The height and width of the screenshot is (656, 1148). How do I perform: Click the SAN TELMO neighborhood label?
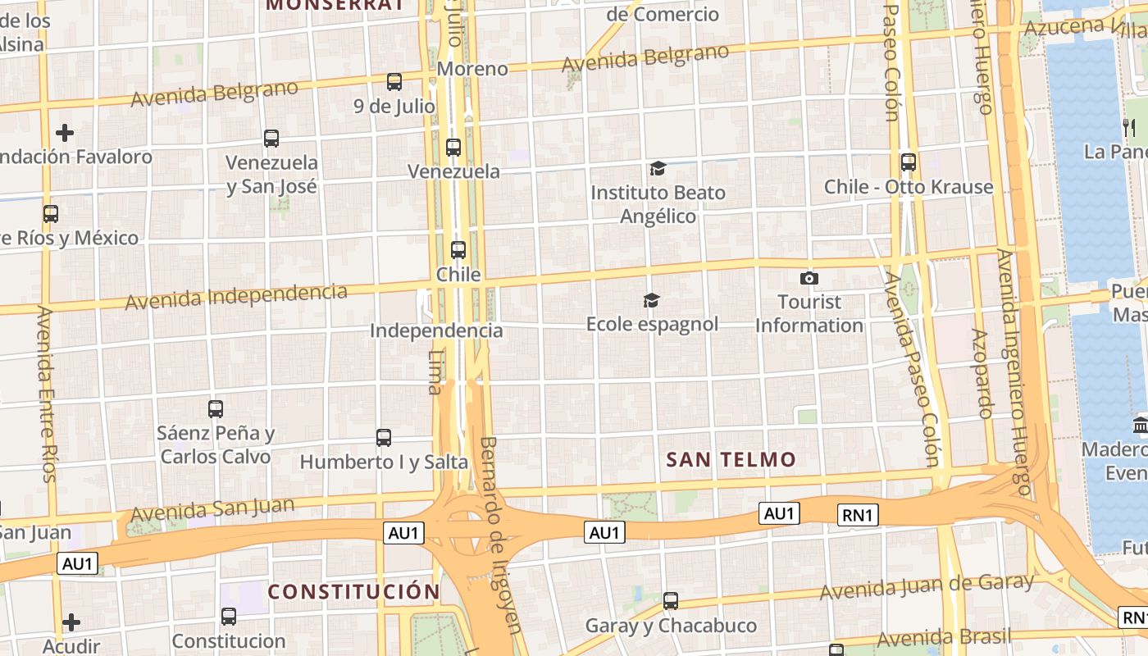click(x=731, y=460)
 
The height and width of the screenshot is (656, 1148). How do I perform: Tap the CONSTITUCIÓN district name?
click(x=353, y=591)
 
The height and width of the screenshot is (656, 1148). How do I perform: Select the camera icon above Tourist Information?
click(x=809, y=279)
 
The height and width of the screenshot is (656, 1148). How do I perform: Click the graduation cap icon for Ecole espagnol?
click(x=651, y=301)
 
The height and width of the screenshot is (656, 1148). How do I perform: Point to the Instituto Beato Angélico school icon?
click(x=658, y=169)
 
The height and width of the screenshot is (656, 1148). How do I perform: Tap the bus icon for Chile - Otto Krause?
click(x=908, y=162)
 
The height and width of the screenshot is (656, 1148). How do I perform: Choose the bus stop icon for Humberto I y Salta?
click(x=384, y=438)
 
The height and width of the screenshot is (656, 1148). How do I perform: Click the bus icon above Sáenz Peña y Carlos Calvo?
click(x=216, y=408)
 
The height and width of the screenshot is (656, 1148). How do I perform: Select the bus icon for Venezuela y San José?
click(x=271, y=139)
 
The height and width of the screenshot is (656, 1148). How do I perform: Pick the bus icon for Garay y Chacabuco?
click(x=671, y=601)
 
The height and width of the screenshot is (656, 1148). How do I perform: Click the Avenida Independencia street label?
click(x=235, y=296)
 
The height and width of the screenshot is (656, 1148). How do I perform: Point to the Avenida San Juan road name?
click(x=212, y=509)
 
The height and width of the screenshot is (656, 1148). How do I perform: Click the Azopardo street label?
click(x=982, y=373)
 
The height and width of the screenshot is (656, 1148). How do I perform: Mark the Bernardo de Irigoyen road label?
click(x=499, y=533)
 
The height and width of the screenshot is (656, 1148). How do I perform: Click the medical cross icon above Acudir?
click(x=71, y=622)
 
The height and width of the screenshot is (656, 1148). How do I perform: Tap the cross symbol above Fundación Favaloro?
click(x=65, y=132)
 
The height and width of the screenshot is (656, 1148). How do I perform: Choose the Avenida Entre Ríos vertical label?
click(x=48, y=394)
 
